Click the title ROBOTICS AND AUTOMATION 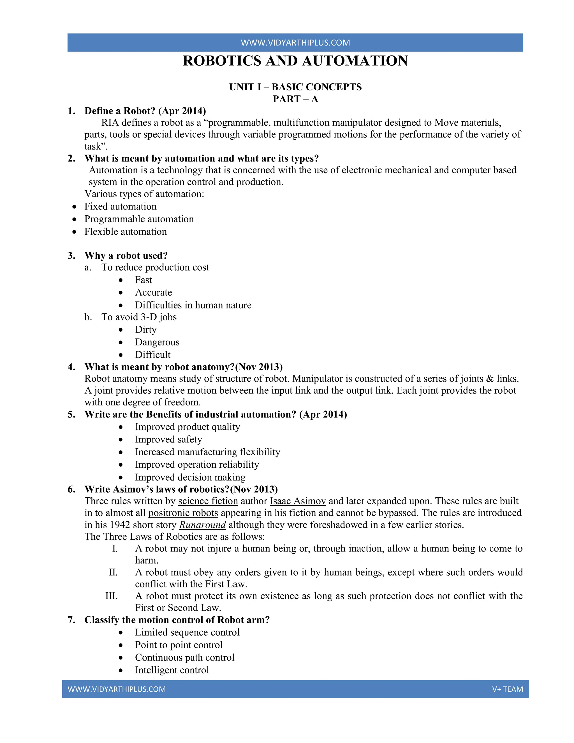295,61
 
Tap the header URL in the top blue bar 295,43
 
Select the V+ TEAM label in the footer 507,689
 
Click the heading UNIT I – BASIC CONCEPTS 295,87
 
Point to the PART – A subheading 295,99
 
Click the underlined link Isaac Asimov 298,501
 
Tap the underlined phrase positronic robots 183,513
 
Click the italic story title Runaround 202,525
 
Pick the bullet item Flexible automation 126,232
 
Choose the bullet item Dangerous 157,342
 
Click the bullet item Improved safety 168,440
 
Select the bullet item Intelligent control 172,670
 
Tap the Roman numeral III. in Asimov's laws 111,596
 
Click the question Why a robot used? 126,255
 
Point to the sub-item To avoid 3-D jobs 139,317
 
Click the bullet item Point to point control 179,645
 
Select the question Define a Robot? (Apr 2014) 145,111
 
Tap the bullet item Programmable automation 139,219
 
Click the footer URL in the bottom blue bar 117,689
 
